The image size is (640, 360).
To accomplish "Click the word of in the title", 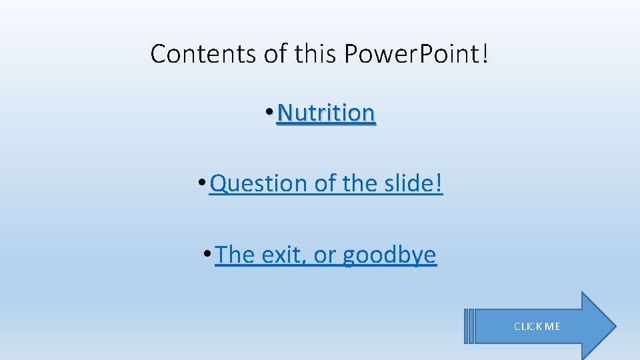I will pos(276,54).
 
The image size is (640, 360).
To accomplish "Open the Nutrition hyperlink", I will pos(326,113).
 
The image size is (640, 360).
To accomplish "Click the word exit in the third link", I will pos(281,255).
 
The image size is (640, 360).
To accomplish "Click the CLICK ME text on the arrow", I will pos(537,327).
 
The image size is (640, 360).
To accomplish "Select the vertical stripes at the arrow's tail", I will pos(469,326).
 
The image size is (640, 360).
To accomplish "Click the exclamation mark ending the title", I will pos(483,54).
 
